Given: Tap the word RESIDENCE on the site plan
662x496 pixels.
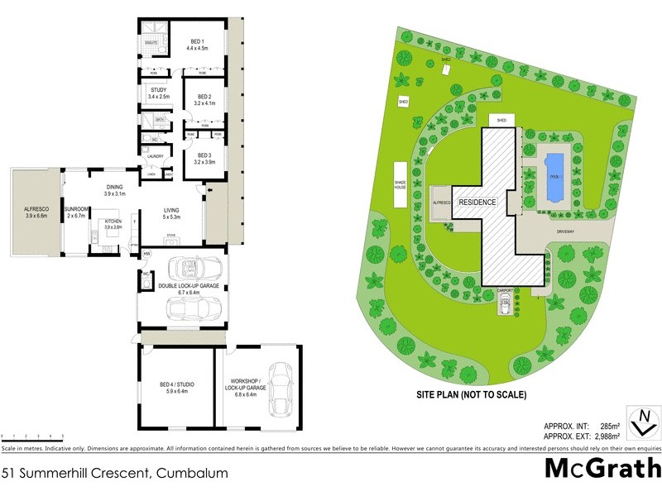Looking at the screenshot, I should [x=477, y=202].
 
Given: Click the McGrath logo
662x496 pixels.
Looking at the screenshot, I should [x=602, y=469].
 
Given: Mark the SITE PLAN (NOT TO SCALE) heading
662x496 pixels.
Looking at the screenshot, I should [x=471, y=395].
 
